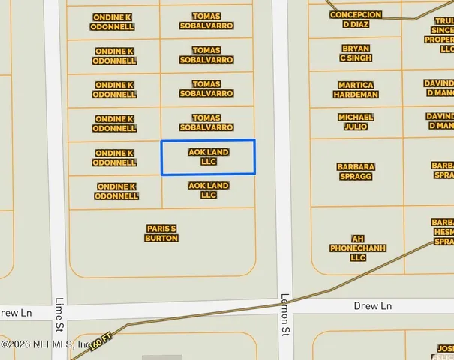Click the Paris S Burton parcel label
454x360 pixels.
[161, 233]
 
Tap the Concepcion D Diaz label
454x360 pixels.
[356, 19]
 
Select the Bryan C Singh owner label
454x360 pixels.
[356, 53]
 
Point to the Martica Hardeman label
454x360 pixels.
[356, 90]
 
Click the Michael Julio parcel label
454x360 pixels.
[356, 122]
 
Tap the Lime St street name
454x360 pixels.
[59, 313]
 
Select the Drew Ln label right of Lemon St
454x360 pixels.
[373, 306]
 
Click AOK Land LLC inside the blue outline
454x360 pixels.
[209, 157]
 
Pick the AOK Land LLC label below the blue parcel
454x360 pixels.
[209, 190]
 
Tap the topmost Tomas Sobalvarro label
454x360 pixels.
[206, 20]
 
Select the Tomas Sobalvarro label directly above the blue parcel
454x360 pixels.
[206, 122]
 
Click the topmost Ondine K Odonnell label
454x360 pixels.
[114, 21]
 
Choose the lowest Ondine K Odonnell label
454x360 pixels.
[117, 191]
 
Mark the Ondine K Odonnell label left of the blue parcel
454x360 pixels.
[114, 157]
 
